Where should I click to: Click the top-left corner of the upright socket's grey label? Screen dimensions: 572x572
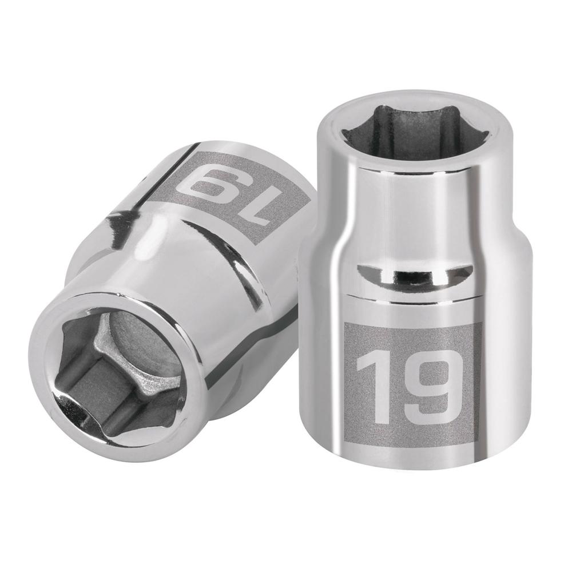point(345,321)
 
